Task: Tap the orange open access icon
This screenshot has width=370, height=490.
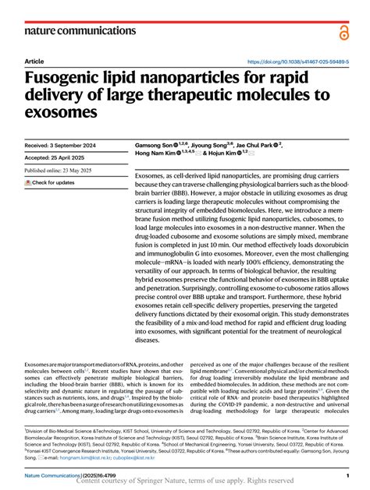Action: coord(344,32)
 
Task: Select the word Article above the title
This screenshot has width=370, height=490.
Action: coord(34,61)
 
